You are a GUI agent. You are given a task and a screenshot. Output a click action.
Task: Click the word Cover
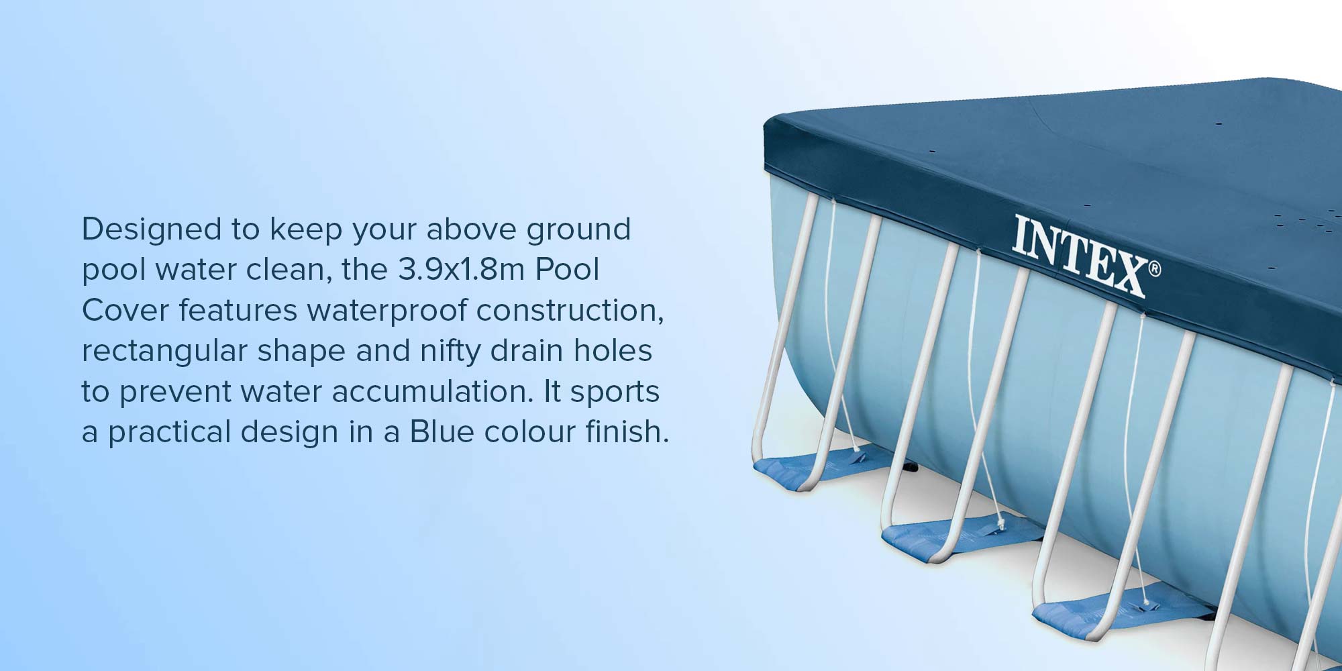[125, 311]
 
